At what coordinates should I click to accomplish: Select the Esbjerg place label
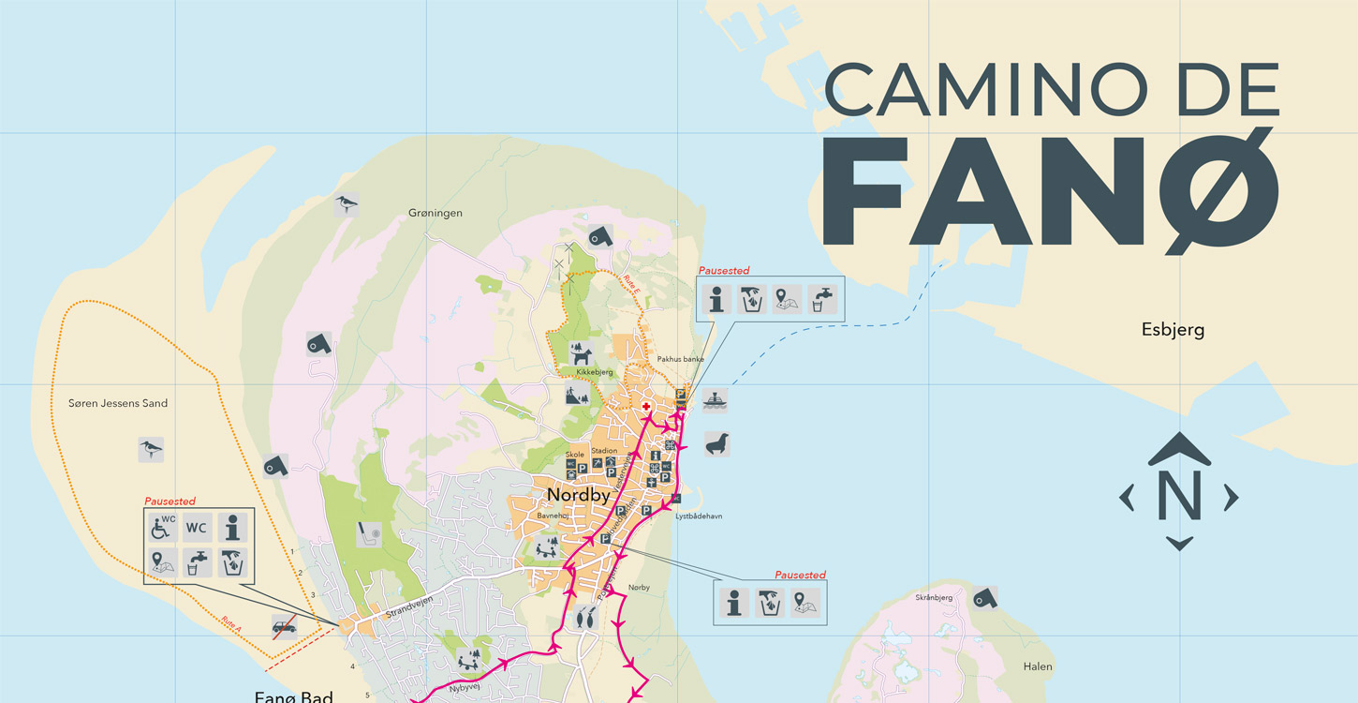click(1173, 330)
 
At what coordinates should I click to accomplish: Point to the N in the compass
click(1179, 496)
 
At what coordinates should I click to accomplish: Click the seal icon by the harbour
click(717, 444)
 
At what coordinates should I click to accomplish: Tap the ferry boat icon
click(716, 400)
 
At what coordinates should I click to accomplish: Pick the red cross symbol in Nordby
click(645, 407)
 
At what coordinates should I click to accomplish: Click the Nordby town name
click(578, 495)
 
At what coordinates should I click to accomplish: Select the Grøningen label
click(435, 214)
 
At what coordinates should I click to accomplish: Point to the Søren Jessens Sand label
click(118, 403)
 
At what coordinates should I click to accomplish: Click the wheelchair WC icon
click(162, 528)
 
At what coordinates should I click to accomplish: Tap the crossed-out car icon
click(284, 627)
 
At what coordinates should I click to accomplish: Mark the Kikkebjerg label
click(594, 373)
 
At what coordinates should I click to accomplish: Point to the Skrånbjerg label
click(933, 597)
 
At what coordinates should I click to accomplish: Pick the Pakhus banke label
click(680, 359)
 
